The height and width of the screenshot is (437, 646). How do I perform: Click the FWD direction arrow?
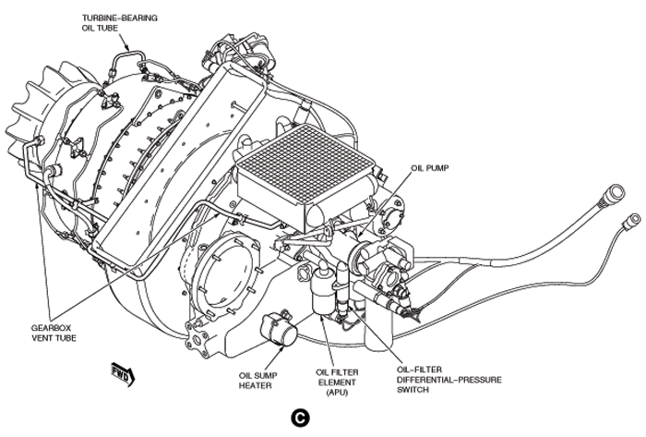[121, 374]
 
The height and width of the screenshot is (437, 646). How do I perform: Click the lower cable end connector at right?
[631, 219]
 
